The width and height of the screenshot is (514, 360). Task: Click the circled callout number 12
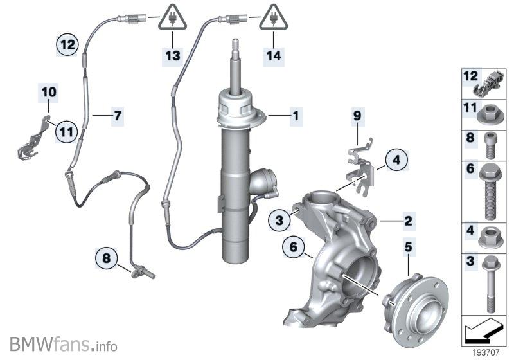pyautogui.click(x=67, y=44)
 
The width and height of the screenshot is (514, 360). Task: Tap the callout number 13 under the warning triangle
pyautogui.click(x=173, y=55)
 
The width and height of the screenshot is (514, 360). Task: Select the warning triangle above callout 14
pyautogui.click(x=274, y=17)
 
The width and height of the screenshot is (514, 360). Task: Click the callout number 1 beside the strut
pyautogui.click(x=296, y=116)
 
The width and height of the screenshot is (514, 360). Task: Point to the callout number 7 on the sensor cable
pyautogui.click(x=118, y=116)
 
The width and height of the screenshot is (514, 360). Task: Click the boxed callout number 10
pyautogui.click(x=49, y=92)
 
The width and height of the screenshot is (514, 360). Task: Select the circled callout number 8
pyautogui.click(x=107, y=258)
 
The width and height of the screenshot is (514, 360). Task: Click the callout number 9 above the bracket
pyautogui.click(x=357, y=116)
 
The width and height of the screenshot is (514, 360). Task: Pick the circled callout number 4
pyautogui.click(x=396, y=160)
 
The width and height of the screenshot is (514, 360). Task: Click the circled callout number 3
pyautogui.click(x=279, y=220)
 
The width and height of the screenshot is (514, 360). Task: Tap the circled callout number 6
pyautogui.click(x=294, y=247)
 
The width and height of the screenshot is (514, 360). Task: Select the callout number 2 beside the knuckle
pyautogui.click(x=408, y=221)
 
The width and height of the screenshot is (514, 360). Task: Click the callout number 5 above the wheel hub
pyautogui.click(x=408, y=247)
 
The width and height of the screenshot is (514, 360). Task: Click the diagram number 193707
pyautogui.click(x=486, y=352)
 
